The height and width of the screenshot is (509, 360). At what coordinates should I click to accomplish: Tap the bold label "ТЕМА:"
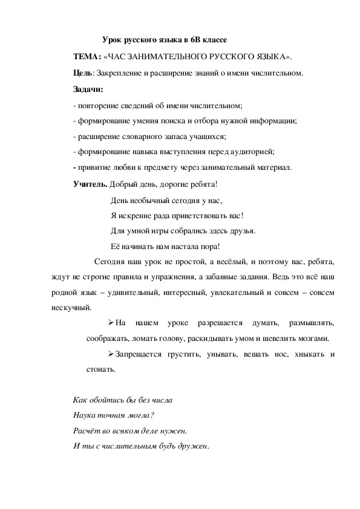click(86, 57)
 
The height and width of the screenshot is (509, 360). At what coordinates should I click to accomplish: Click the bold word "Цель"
click(82, 74)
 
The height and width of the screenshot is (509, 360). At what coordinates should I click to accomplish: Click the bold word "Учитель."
click(90, 184)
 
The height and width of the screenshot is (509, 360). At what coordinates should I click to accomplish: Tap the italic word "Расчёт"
click(85, 431)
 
